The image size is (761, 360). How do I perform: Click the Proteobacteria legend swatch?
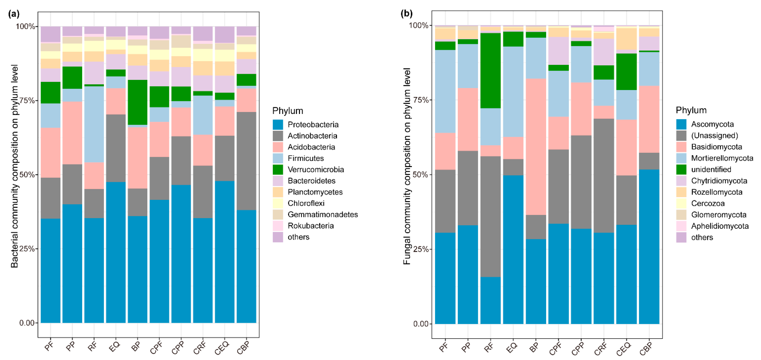tap(278, 125)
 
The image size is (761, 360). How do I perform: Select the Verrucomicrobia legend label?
tap(315, 170)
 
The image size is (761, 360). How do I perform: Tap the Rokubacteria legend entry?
tap(311, 226)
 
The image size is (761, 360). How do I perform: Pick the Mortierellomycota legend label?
tap(722, 158)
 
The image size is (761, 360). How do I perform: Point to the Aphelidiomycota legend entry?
tap(720, 226)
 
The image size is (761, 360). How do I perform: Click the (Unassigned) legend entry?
tap(714, 136)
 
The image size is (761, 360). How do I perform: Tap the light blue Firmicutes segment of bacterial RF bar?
tap(94, 124)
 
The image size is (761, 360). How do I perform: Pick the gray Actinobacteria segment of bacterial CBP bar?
tap(246, 161)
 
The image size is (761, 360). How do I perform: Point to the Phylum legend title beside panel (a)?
tap(287, 111)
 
